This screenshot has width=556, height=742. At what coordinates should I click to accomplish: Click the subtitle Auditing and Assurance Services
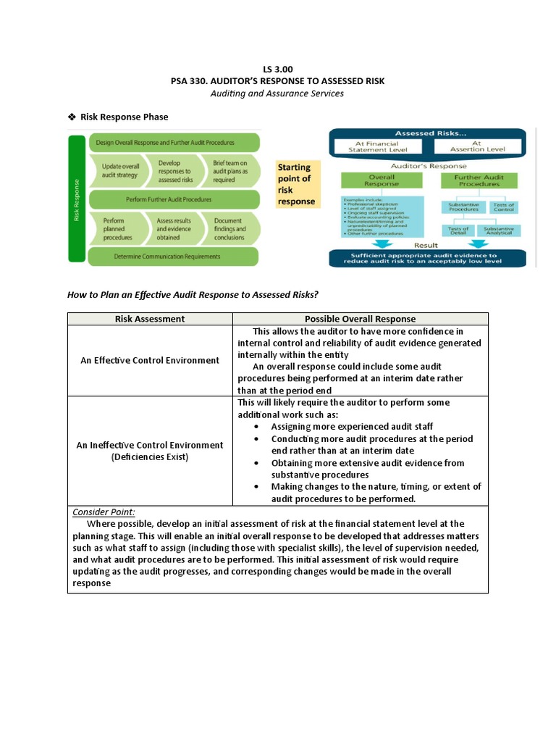(277, 93)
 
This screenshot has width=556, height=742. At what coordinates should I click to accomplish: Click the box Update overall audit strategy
(120, 170)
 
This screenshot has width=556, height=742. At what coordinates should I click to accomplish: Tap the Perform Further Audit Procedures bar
(174, 199)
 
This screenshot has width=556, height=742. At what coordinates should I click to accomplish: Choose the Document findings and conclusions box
(229, 228)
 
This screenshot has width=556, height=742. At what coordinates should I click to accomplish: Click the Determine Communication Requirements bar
(174, 256)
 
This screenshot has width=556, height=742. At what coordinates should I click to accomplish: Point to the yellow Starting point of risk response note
(297, 184)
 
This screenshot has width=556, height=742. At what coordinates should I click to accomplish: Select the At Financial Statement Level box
(374, 147)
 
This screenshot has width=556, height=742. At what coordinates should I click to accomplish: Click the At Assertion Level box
(476, 147)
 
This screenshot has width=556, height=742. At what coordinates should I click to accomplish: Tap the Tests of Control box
(503, 207)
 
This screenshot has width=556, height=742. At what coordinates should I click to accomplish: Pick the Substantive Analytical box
(499, 231)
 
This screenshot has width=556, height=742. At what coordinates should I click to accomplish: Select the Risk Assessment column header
(150, 319)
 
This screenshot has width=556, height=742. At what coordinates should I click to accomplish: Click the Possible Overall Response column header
(360, 319)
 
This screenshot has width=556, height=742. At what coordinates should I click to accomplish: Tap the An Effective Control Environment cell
(150, 360)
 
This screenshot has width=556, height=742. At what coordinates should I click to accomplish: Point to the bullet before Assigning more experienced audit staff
(258, 427)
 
